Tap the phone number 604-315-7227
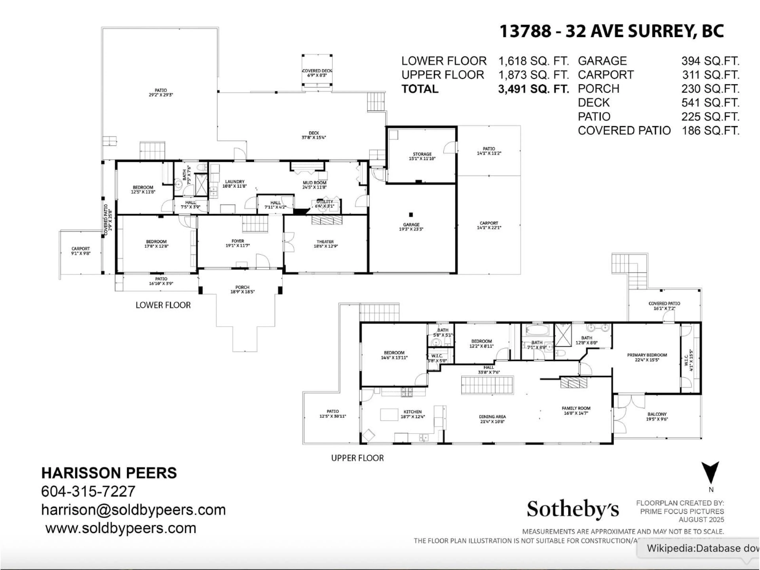tap(88, 491)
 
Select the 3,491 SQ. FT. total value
tap(533, 89)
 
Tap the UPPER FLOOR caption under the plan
tap(357, 458)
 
